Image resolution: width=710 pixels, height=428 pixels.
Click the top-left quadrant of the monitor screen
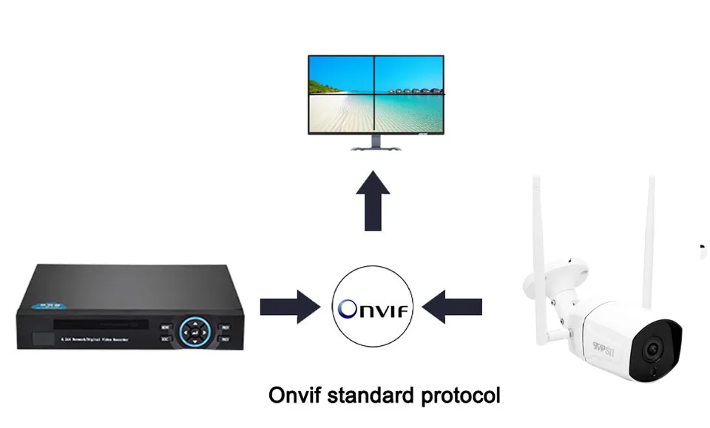(x=340, y=75)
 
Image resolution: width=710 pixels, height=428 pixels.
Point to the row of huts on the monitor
(x=411, y=92)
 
